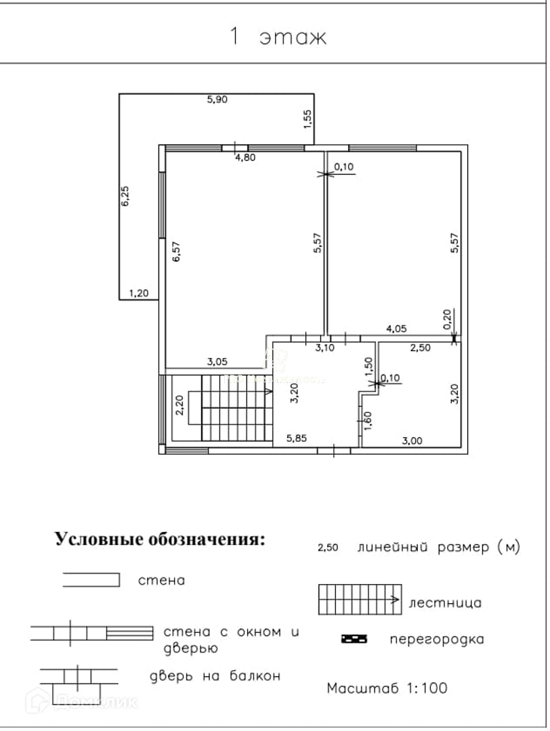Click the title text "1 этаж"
pyautogui.click(x=278, y=37)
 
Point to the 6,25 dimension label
pyautogui.click(x=125, y=196)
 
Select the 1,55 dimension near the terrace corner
pyautogui.click(x=308, y=118)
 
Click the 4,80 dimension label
pyautogui.click(x=245, y=158)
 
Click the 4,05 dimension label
pyautogui.click(x=396, y=329)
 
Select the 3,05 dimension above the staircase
pyautogui.click(x=217, y=362)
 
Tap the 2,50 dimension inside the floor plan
pyautogui.click(x=421, y=349)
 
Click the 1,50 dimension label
pyautogui.click(x=368, y=366)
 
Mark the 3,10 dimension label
pyautogui.click(x=326, y=348)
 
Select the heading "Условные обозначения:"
pyautogui.click(x=161, y=539)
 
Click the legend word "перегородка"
pyautogui.click(x=437, y=638)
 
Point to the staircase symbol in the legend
pyautogui.click(x=360, y=599)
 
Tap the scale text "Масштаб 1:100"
pyautogui.click(x=387, y=688)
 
